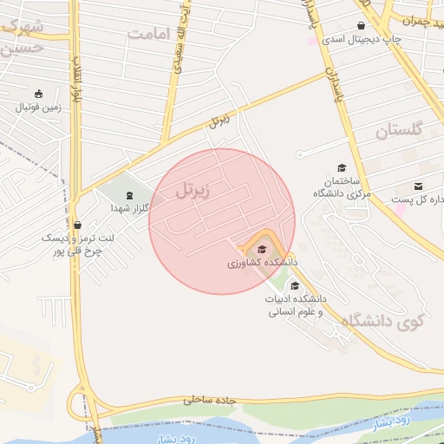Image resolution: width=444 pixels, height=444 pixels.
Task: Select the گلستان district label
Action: (398, 131)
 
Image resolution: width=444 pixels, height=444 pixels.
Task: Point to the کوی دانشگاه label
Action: (382, 321)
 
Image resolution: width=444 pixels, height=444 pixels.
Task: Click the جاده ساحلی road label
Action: (211, 400)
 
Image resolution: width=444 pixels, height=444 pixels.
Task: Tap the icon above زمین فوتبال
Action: (37, 94)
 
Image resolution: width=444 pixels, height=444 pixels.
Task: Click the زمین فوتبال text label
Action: (36, 108)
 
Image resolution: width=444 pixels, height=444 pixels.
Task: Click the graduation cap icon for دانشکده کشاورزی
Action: (261, 250)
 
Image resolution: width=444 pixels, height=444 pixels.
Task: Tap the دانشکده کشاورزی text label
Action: (263, 262)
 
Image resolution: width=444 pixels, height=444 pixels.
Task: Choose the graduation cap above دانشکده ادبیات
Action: (295, 285)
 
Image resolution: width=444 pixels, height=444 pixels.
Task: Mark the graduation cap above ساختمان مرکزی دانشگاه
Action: (341, 168)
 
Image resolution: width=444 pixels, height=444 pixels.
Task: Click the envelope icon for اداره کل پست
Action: (419, 186)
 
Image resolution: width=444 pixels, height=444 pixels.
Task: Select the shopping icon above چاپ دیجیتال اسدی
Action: (361, 25)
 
